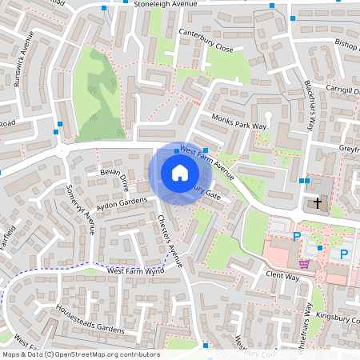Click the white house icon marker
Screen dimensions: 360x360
pyautogui.click(x=179, y=172)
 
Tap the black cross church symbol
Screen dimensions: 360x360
pyautogui.click(x=318, y=203)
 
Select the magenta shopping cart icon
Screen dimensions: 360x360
pyautogui.click(x=304, y=264)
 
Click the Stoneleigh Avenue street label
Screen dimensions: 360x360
pyautogui.click(x=165, y=5)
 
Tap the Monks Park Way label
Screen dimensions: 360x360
pyautogui.click(x=238, y=121)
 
